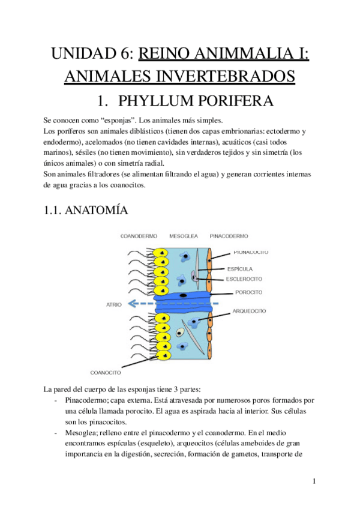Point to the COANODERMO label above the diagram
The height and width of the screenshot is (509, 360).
139,236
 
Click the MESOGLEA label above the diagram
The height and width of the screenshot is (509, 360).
184,236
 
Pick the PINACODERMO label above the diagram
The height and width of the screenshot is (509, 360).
229,236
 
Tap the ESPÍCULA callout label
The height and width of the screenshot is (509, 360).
240,268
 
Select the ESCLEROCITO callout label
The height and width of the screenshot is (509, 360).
244,279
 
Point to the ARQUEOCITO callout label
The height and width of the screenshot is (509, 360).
249,312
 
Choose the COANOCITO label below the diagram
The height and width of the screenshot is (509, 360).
107,372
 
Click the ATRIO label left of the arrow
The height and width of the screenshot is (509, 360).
113,304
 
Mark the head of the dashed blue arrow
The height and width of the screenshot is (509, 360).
134,304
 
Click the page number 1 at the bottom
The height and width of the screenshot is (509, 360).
314,481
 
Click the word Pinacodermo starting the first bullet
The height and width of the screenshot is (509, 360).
86,400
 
